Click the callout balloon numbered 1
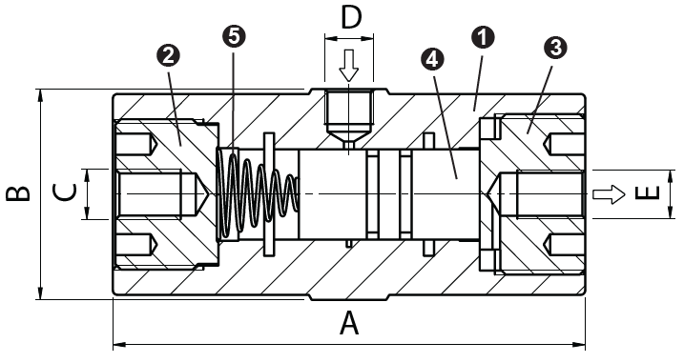pos(485,37)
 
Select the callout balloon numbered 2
pos(169,55)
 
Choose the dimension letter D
pos(351,17)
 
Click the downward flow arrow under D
pos(349,65)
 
